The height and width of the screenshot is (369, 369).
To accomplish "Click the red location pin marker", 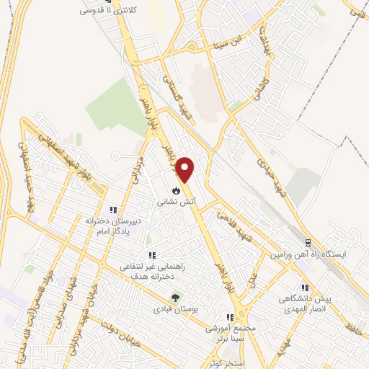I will [x=186, y=169].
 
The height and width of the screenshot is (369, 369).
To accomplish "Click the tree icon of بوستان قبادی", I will [x=173, y=297].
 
